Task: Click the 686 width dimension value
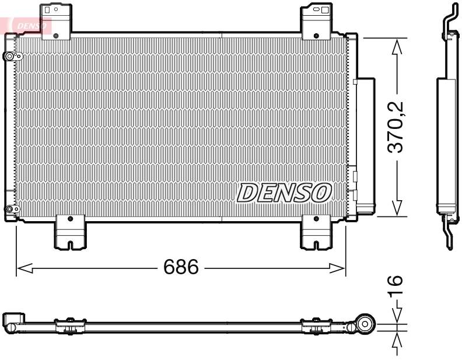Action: [x=181, y=268]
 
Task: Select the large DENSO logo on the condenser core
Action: [x=284, y=193]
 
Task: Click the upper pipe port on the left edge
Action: [x=10, y=57]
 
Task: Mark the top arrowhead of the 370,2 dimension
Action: [x=397, y=46]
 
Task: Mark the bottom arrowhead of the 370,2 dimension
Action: [x=397, y=208]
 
